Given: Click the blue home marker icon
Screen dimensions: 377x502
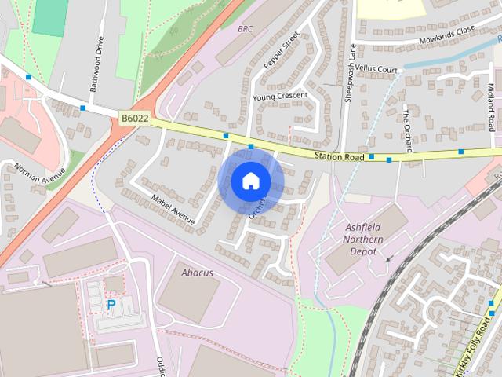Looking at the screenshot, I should (250, 181).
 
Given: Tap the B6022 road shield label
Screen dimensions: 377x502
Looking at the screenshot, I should (135, 118).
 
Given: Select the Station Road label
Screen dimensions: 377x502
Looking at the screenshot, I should (339, 157).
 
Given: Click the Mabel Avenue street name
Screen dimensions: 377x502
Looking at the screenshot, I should (172, 210).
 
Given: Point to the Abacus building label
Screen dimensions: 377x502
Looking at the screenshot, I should (197, 273).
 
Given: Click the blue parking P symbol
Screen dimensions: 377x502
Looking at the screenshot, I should (111, 304).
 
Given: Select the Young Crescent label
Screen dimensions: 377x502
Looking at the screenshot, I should (280, 97).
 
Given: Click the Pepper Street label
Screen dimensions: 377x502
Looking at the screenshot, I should (282, 52).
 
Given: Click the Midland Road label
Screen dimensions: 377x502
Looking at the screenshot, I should (492, 108).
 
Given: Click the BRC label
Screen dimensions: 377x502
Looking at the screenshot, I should (245, 28).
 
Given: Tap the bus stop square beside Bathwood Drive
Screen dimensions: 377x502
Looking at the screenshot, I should (82, 108).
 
